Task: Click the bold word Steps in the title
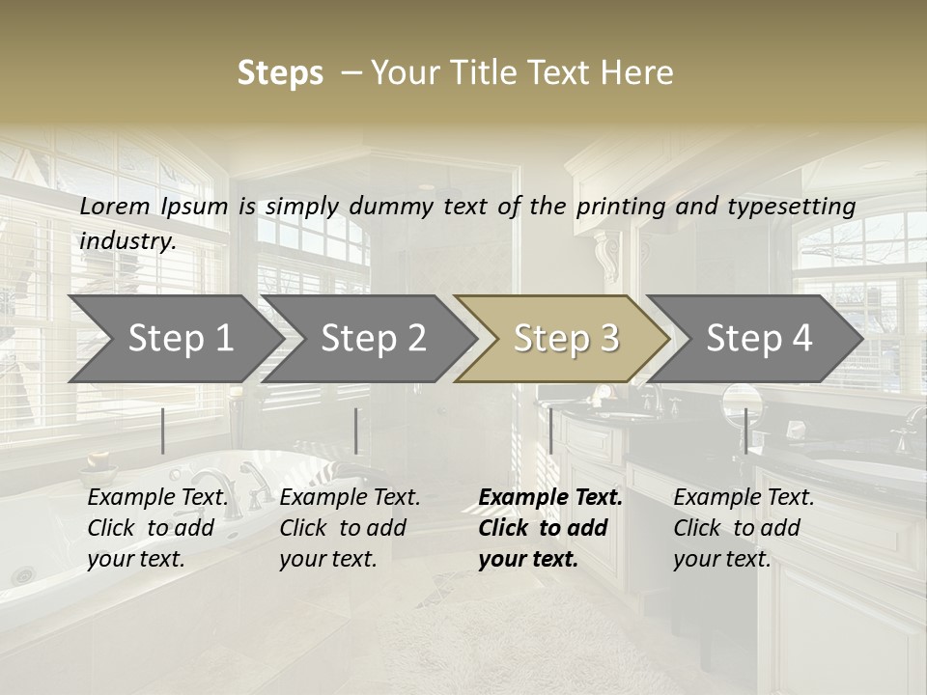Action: click(x=280, y=73)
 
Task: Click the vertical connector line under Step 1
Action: click(x=163, y=431)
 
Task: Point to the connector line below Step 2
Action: click(x=356, y=431)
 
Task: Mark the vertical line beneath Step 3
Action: click(x=550, y=431)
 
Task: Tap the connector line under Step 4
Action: click(x=745, y=431)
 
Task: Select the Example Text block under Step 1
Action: click(x=157, y=528)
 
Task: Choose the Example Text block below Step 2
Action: click(x=350, y=528)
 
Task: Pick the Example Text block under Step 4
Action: click(x=744, y=528)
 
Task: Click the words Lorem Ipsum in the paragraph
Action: click(x=154, y=207)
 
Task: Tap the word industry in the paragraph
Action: click(x=127, y=241)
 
